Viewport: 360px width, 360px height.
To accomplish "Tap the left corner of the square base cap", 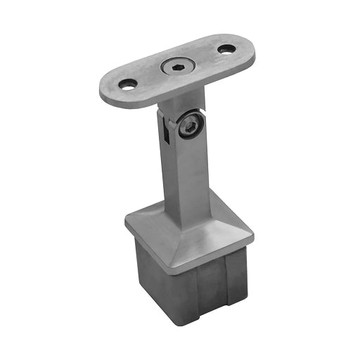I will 126,226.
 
